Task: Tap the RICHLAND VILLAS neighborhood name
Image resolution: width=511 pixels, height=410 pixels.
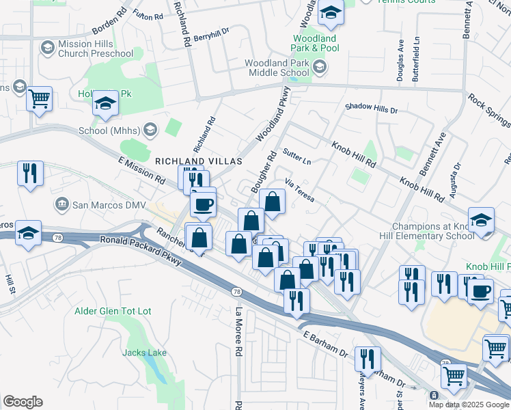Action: pos(199,161)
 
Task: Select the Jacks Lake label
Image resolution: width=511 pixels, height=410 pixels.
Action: pos(145,353)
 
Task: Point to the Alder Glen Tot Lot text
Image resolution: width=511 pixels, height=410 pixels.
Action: pos(113,312)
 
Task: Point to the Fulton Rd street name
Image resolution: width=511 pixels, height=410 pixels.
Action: pos(148,14)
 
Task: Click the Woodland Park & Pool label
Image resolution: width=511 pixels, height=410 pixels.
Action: pos(315,44)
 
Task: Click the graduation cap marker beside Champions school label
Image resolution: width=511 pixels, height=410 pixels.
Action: pos(482,221)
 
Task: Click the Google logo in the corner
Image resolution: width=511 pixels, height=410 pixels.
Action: pos(23,402)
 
